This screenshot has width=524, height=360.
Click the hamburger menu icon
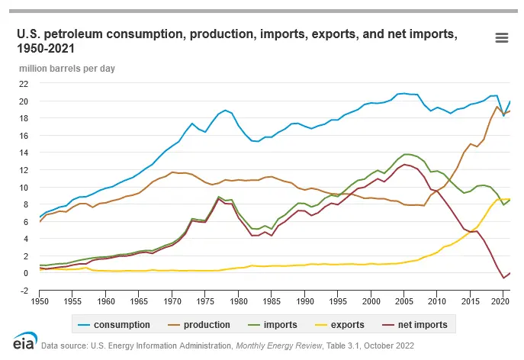[501, 38]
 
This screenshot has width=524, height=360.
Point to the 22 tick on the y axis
[24, 84]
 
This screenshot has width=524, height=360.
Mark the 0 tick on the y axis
[26, 273]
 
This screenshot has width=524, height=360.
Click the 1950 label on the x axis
[38, 301]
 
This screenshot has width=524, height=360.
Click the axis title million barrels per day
[67, 68]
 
